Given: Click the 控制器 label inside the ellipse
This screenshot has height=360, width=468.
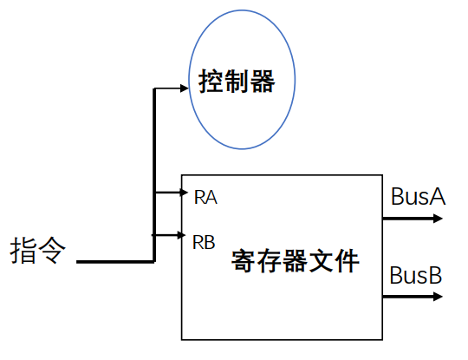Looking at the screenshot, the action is (x=237, y=82).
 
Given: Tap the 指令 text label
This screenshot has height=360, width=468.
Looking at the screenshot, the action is (x=37, y=251).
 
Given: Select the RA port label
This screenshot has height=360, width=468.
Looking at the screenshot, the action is (x=205, y=197).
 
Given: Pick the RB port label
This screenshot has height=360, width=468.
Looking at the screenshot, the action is (x=204, y=242).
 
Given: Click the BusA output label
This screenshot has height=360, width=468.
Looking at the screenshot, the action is (x=418, y=197).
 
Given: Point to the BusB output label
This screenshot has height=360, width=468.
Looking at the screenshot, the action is (x=416, y=275).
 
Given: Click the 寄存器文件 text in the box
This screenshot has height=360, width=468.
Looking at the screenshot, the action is (x=296, y=261).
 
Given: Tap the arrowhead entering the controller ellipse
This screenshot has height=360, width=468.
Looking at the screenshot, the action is (x=185, y=88).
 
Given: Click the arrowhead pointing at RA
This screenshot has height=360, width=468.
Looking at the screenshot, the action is (x=184, y=192).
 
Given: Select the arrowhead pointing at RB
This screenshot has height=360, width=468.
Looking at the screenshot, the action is (x=181, y=235).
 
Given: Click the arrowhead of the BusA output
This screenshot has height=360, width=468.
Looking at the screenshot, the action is (x=438, y=219).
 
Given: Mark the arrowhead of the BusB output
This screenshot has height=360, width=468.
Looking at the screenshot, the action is (x=438, y=297).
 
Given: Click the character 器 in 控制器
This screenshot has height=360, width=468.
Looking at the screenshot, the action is (x=263, y=82).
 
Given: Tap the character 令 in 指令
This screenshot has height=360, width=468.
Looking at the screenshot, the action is (x=52, y=251).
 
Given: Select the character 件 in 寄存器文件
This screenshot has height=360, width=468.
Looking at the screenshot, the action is (x=347, y=261).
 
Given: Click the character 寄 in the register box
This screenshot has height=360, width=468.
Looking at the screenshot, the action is (x=244, y=261).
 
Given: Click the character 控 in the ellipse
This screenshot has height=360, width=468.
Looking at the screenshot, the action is (x=211, y=82).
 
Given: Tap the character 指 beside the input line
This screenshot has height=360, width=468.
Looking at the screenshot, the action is (x=23, y=251).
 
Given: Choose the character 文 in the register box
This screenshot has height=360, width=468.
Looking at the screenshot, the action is (x=322, y=261).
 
